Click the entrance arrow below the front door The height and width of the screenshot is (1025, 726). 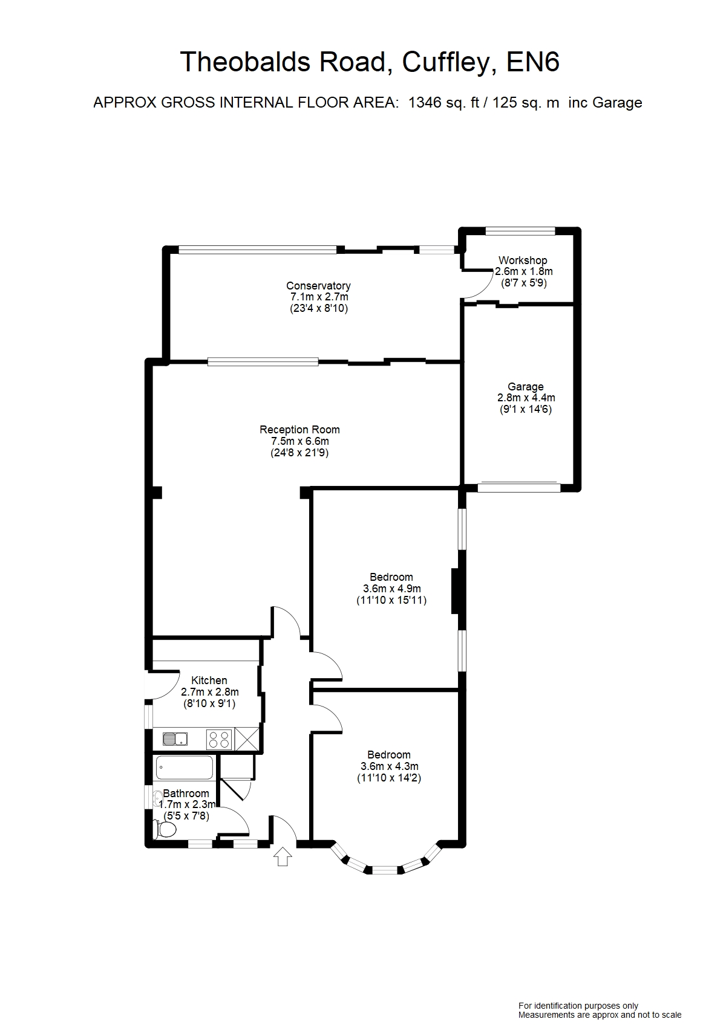pyautogui.click(x=283, y=856)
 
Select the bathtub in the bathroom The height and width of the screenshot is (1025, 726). pyautogui.click(x=185, y=768)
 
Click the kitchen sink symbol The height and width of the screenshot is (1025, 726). pyautogui.click(x=175, y=739)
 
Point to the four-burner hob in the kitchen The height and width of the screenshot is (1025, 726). pyautogui.click(x=219, y=739)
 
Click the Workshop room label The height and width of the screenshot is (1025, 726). pyautogui.click(x=523, y=260)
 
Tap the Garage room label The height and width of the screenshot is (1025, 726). pyautogui.click(x=525, y=387)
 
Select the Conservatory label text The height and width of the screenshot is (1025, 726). pyautogui.click(x=318, y=286)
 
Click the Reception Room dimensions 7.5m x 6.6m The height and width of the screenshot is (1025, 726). pyautogui.click(x=299, y=441)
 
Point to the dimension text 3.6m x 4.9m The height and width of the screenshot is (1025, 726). pyautogui.click(x=391, y=589)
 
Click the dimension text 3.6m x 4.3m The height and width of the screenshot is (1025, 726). pyautogui.click(x=389, y=766)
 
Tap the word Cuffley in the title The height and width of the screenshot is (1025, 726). pyautogui.click(x=445, y=62)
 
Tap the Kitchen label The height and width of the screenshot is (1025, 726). pyautogui.click(x=209, y=681)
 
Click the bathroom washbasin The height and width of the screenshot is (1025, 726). pyautogui.click(x=159, y=799)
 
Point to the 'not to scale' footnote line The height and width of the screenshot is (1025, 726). pyautogui.click(x=600, y=1015)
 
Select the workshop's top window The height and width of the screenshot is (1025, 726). pyautogui.click(x=520, y=230)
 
